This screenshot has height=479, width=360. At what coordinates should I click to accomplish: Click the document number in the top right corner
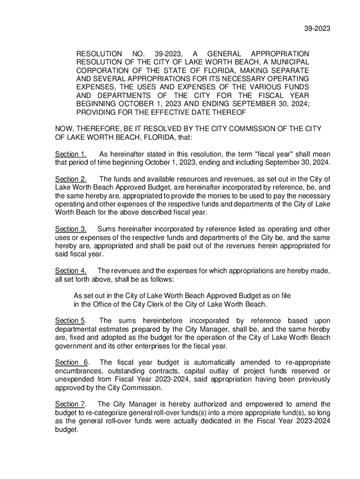pyautogui.click(x=318, y=29)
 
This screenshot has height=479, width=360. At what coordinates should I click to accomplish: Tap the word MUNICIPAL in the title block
pyautogui.click(x=288, y=63)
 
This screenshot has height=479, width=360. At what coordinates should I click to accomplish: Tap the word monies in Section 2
pyautogui.click(x=223, y=196)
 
